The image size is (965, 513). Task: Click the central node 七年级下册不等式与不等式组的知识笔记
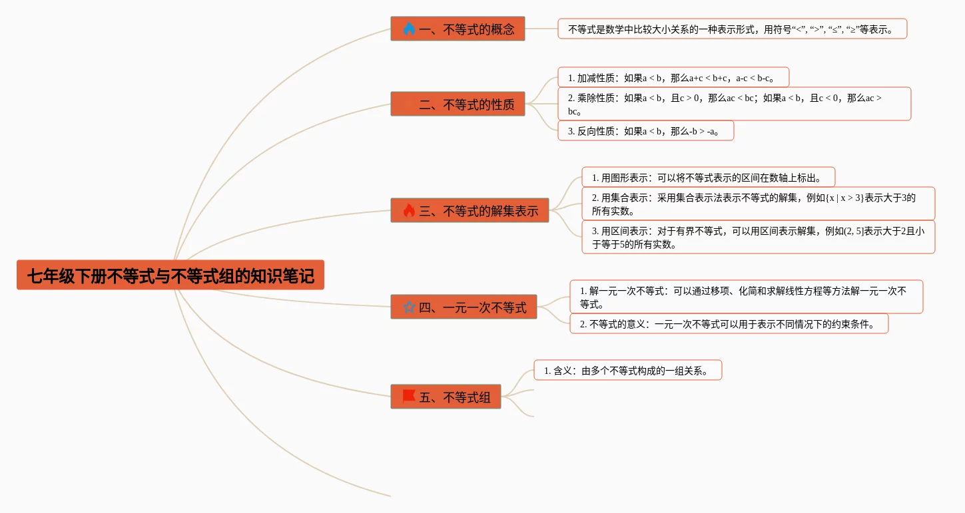coord(170,275)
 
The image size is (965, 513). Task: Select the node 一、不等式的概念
coord(458,29)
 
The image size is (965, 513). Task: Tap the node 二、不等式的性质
coord(458,104)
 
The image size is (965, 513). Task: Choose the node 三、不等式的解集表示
coord(470,210)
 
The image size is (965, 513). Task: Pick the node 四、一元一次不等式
coord(464,307)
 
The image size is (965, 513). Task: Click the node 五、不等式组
coord(446,397)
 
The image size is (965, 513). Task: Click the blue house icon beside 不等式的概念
coord(409,29)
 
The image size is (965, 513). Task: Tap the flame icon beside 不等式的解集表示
coord(409,210)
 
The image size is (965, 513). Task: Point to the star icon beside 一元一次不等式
coord(409,307)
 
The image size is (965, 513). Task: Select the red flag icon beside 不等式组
coord(409,397)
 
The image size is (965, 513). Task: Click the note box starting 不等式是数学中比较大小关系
coord(732,29)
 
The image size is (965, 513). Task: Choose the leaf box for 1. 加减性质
coord(673,77)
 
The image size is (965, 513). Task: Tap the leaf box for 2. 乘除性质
coord(734,104)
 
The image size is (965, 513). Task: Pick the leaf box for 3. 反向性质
coord(645,130)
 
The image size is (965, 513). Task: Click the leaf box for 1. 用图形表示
coord(708,177)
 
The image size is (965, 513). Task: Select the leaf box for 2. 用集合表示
coord(758,204)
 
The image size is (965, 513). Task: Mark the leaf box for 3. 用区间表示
coord(758,237)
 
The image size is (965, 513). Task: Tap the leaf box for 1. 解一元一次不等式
coord(746,297)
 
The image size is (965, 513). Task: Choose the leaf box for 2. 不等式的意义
coord(729,323)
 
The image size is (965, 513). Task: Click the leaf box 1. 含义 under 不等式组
coord(627,370)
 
